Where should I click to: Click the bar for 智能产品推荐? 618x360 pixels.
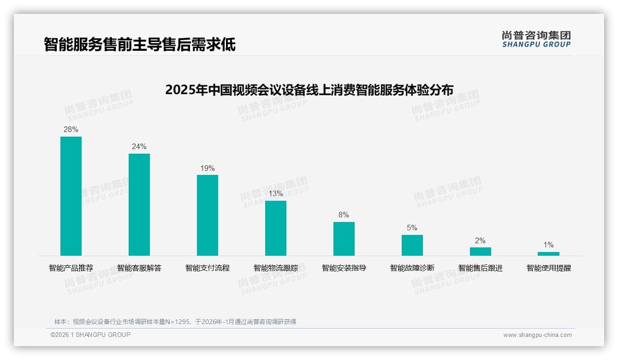(71, 196)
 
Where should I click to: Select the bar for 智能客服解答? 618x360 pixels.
(139, 204)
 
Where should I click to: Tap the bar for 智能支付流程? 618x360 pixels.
(208, 215)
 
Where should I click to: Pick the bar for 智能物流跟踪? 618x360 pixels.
(276, 228)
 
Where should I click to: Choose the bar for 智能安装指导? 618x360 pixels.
(344, 239)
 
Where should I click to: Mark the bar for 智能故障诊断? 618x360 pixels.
(412, 245)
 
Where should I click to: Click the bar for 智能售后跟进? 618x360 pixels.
(481, 252)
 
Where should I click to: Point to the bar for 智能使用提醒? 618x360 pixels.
(548, 254)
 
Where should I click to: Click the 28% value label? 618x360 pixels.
(71, 130)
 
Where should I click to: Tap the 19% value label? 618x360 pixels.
(208, 168)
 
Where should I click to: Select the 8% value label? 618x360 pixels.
(344, 215)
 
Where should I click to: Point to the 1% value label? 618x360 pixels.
(548, 245)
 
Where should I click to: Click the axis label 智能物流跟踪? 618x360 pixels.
(276, 268)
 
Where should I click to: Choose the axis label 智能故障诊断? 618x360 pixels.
(412, 268)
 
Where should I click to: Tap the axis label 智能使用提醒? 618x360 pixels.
(549, 268)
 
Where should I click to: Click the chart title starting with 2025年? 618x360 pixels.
(309, 90)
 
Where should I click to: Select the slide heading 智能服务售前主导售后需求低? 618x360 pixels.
(140, 45)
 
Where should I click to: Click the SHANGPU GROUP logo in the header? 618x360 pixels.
(536, 39)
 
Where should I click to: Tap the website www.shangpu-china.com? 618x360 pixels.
(537, 335)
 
